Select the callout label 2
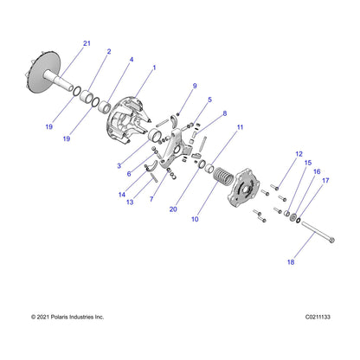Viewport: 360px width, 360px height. pyautogui.click(x=108, y=52)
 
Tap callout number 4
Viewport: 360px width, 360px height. pyautogui.click(x=131, y=60)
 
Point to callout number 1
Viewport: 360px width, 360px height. pyautogui.click(x=154, y=67)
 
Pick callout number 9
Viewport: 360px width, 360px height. pyautogui.click(x=195, y=86)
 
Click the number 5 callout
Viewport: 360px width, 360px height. pyautogui.click(x=209, y=100)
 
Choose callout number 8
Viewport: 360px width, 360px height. pyautogui.click(x=224, y=113)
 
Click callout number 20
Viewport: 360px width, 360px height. pyautogui.click(x=174, y=209)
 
